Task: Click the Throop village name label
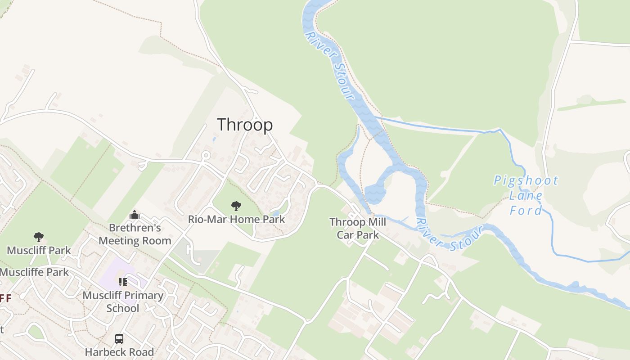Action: [x=245, y=125]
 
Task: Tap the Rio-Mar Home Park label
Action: [x=236, y=220]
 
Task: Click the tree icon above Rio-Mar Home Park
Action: [x=236, y=207]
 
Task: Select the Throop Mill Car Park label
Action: [x=358, y=229]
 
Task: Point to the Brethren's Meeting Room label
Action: [x=135, y=234]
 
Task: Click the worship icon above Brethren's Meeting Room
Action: [x=135, y=215]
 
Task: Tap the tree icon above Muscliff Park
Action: [x=39, y=237]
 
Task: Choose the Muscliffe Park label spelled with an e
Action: [x=34, y=272]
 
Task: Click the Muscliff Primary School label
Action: [x=123, y=302]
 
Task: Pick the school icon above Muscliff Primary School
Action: [x=123, y=282]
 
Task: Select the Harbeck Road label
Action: [x=119, y=352]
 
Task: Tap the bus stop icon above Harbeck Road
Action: [x=119, y=338]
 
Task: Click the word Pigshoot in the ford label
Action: [x=526, y=181]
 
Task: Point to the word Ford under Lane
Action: [x=526, y=210]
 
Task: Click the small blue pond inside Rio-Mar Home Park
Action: [x=275, y=213]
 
